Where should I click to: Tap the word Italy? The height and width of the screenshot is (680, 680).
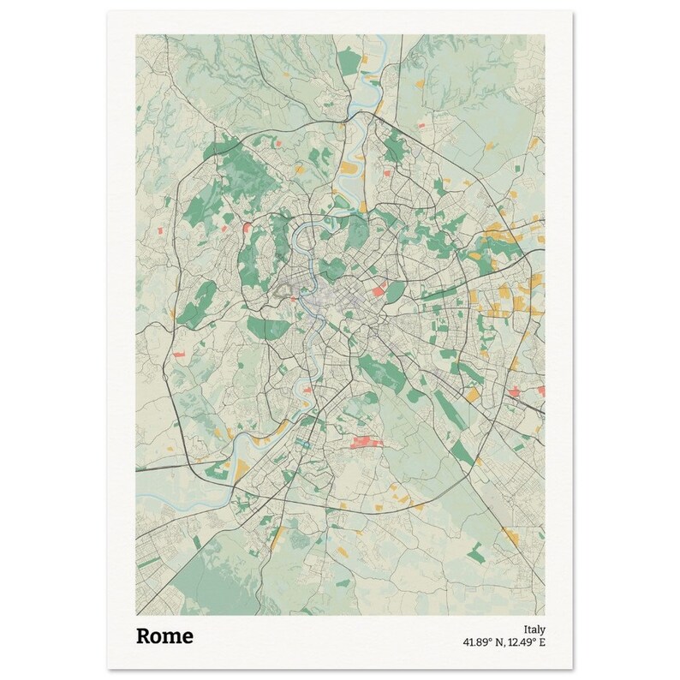[x=534, y=628]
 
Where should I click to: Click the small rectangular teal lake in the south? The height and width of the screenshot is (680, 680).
[x=302, y=443]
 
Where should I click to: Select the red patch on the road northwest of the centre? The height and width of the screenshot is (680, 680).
[x=248, y=227]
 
